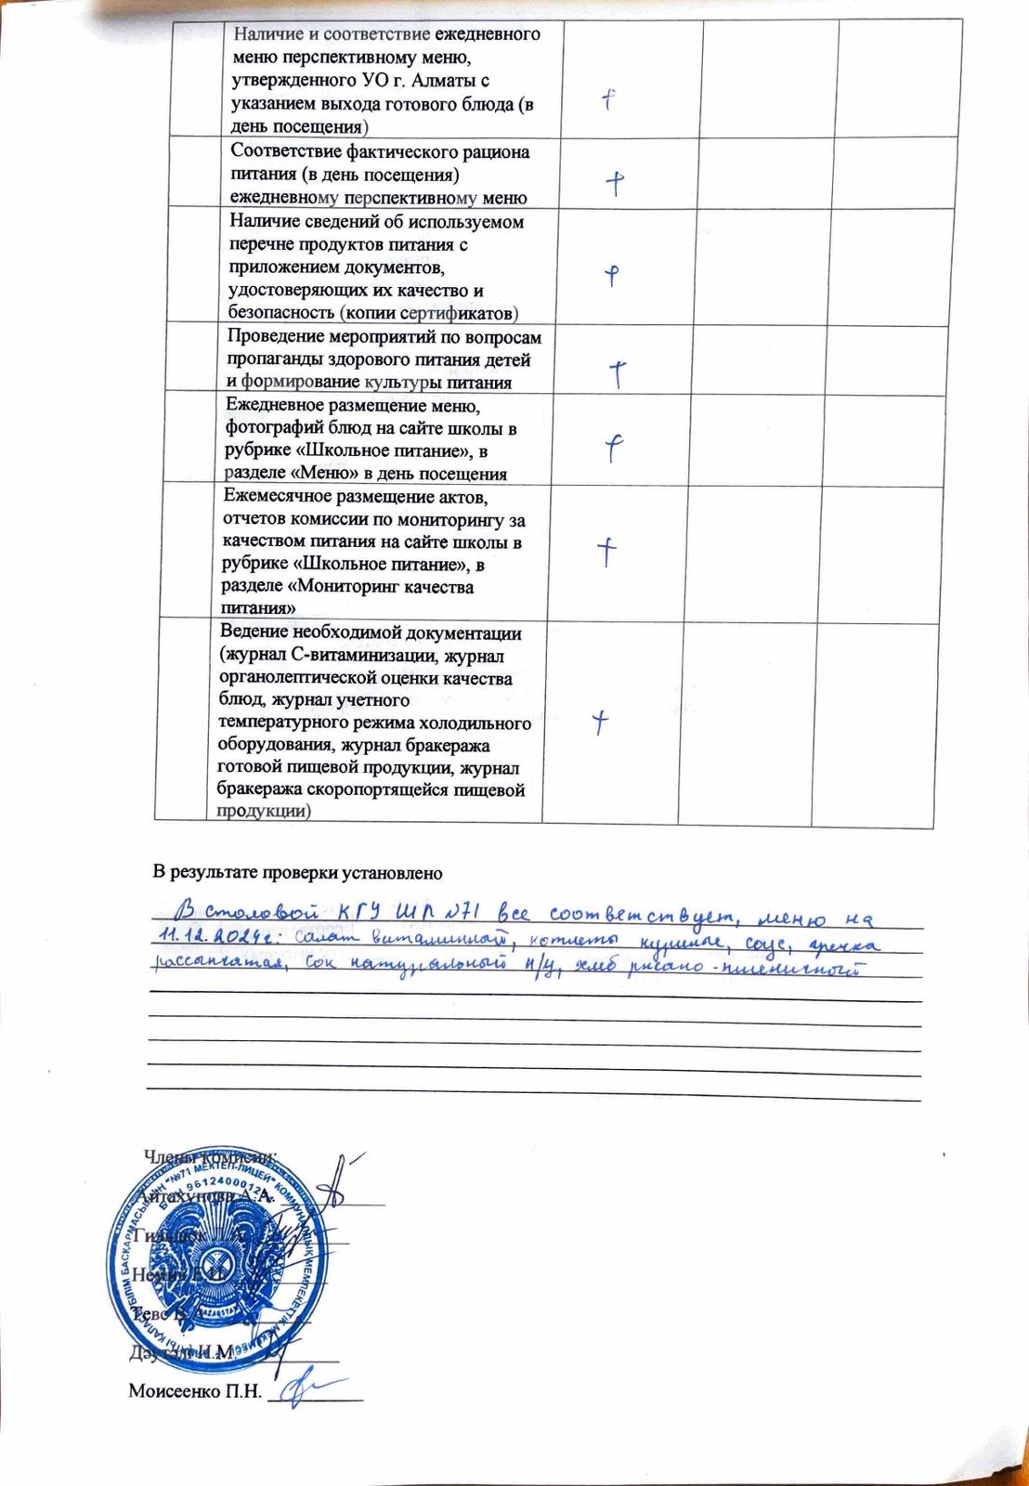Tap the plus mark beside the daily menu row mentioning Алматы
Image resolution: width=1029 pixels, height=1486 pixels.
click(609, 99)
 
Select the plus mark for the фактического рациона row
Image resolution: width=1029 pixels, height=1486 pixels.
click(615, 182)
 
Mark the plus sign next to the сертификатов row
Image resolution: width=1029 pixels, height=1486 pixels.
click(611, 275)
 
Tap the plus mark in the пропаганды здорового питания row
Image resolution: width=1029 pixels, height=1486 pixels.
click(618, 373)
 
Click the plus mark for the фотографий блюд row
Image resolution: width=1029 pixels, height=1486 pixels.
click(614, 449)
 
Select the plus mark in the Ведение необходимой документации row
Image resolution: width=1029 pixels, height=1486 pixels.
click(602, 721)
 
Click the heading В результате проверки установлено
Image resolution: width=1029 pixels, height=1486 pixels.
click(298, 872)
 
